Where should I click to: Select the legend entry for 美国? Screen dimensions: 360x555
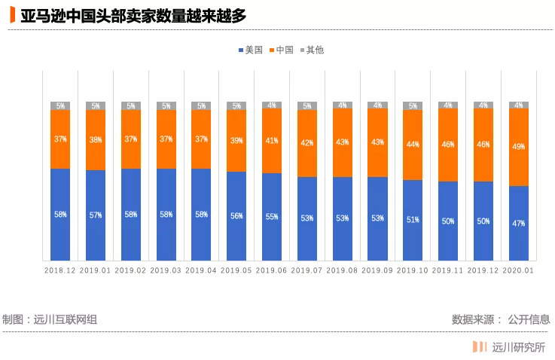click(x=250, y=50)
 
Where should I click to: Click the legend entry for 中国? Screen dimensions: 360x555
click(x=280, y=50)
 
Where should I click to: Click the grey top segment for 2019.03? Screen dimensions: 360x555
click(x=166, y=105)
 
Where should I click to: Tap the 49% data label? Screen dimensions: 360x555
click(x=518, y=147)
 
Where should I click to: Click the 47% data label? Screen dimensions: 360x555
click(x=518, y=223)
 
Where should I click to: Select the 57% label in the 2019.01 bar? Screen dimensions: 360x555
click(x=96, y=215)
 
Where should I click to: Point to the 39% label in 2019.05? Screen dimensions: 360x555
click(x=236, y=141)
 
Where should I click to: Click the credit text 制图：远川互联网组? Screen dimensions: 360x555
click(x=50, y=319)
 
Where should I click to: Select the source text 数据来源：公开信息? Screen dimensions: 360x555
click(x=500, y=319)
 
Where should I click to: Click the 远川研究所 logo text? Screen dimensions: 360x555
click(x=517, y=347)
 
